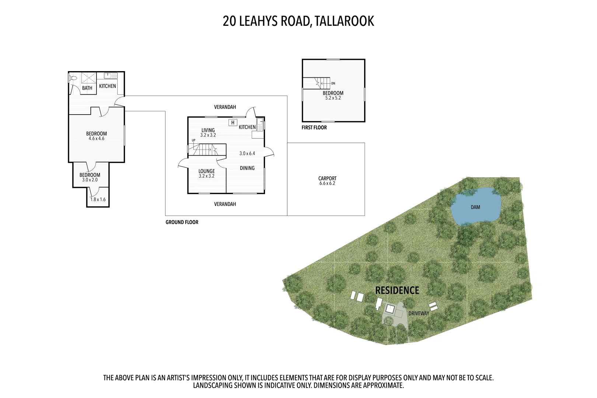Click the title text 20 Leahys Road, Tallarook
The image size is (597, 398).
(x=298, y=21)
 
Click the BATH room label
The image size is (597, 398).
(x=87, y=88)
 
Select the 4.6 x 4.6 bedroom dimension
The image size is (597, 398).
(x=97, y=139)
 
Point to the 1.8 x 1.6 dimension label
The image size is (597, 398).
(x=98, y=200)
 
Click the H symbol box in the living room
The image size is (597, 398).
(x=233, y=123)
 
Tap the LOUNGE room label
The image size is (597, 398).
(x=206, y=171)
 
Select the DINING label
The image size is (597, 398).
(x=247, y=168)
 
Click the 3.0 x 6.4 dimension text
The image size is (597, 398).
(x=247, y=154)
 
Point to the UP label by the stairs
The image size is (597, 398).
(x=193, y=140)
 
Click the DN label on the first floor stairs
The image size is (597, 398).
(x=333, y=83)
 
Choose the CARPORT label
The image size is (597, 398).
(x=327, y=178)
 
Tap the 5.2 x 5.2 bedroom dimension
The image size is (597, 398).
(x=333, y=98)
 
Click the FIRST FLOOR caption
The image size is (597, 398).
(x=314, y=128)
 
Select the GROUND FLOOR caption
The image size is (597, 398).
(x=182, y=222)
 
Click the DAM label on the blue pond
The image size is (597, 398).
(x=475, y=207)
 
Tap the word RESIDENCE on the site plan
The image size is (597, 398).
(x=397, y=290)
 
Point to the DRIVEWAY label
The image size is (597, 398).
(x=419, y=314)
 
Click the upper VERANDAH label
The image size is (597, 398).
(x=225, y=107)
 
